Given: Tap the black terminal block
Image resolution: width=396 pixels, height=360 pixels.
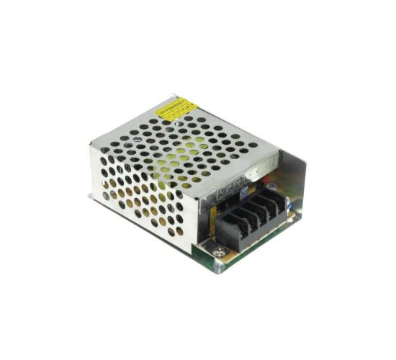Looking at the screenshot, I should (x=252, y=216).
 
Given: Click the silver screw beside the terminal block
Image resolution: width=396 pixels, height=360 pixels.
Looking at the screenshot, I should (x=219, y=251).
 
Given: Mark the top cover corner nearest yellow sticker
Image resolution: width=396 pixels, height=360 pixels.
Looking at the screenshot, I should (x=175, y=95).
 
